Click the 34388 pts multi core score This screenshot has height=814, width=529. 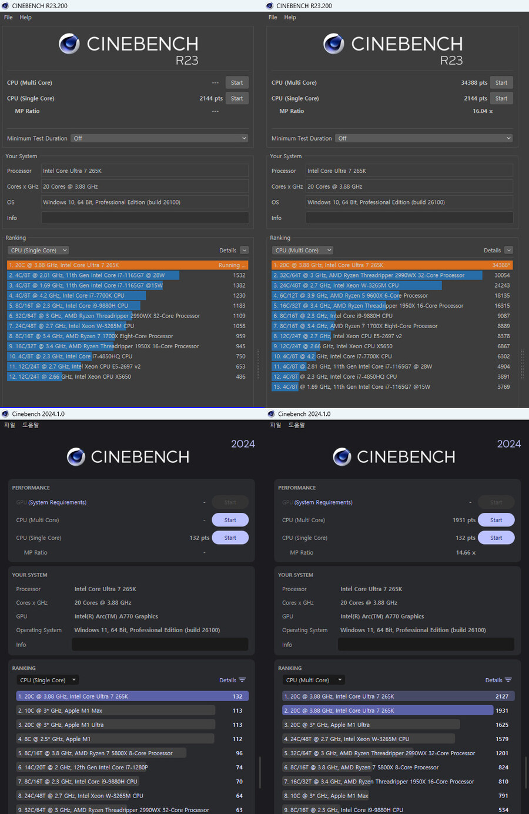tap(474, 83)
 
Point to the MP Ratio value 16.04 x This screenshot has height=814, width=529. tap(483, 111)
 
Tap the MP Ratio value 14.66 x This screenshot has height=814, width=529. tap(466, 553)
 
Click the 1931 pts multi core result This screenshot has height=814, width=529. tap(464, 521)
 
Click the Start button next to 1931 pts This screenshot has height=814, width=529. tap(496, 521)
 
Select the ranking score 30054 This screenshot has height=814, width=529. tap(502, 275)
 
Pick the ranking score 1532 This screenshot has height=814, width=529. tap(239, 275)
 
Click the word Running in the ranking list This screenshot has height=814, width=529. tap(229, 265)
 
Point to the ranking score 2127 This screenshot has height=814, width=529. tap(502, 697)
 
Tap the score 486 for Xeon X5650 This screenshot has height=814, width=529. tap(240, 377)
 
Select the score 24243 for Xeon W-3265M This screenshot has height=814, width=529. tap(502, 285)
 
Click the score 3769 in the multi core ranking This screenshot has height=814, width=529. tap(503, 387)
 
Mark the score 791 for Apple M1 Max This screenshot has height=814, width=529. tap(503, 796)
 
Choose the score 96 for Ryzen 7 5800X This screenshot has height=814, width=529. tap(239, 753)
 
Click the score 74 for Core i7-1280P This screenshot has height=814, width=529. tap(239, 768)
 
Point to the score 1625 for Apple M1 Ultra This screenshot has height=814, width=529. tap(502, 725)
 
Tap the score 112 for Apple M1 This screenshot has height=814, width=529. tap(237, 739)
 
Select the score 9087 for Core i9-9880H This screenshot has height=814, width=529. tap(503, 316)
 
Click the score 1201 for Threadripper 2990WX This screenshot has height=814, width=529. tap(502, 753)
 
